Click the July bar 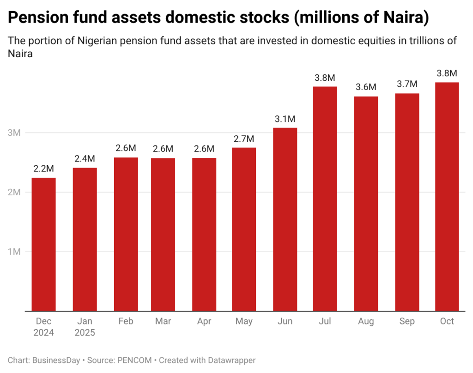pos(325,199)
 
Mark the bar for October pos(447,197)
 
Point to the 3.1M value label pos(285,119)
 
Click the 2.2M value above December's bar pos(43,169)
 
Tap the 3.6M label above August pos(366,87)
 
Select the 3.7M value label pos(406,84)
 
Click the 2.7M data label pos(244,139)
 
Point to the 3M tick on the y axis pos(15,133)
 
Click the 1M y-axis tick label pos(15,252)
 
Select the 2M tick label pos(15,193)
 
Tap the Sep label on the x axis pos(406,322)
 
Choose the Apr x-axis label pos(204,322)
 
